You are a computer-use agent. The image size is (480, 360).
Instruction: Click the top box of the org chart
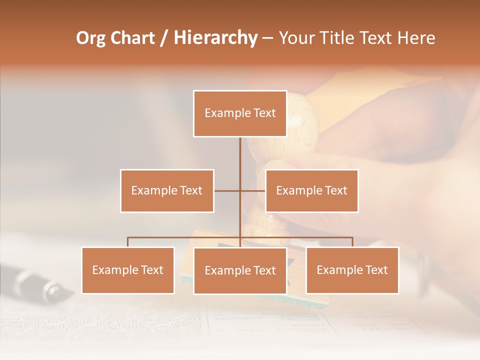240,113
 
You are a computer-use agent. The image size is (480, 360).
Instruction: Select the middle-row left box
167,190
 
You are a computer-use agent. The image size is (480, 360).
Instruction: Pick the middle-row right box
311,190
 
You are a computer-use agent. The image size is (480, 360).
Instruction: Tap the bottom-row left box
127,270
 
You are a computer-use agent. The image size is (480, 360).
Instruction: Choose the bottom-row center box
240,270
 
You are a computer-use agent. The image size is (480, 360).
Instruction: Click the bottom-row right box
352,270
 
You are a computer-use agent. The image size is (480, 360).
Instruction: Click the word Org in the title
90,38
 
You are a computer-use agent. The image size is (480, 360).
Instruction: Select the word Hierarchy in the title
215,38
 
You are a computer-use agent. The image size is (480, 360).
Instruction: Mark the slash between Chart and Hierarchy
163,38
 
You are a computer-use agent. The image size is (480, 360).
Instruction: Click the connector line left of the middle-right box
253,190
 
